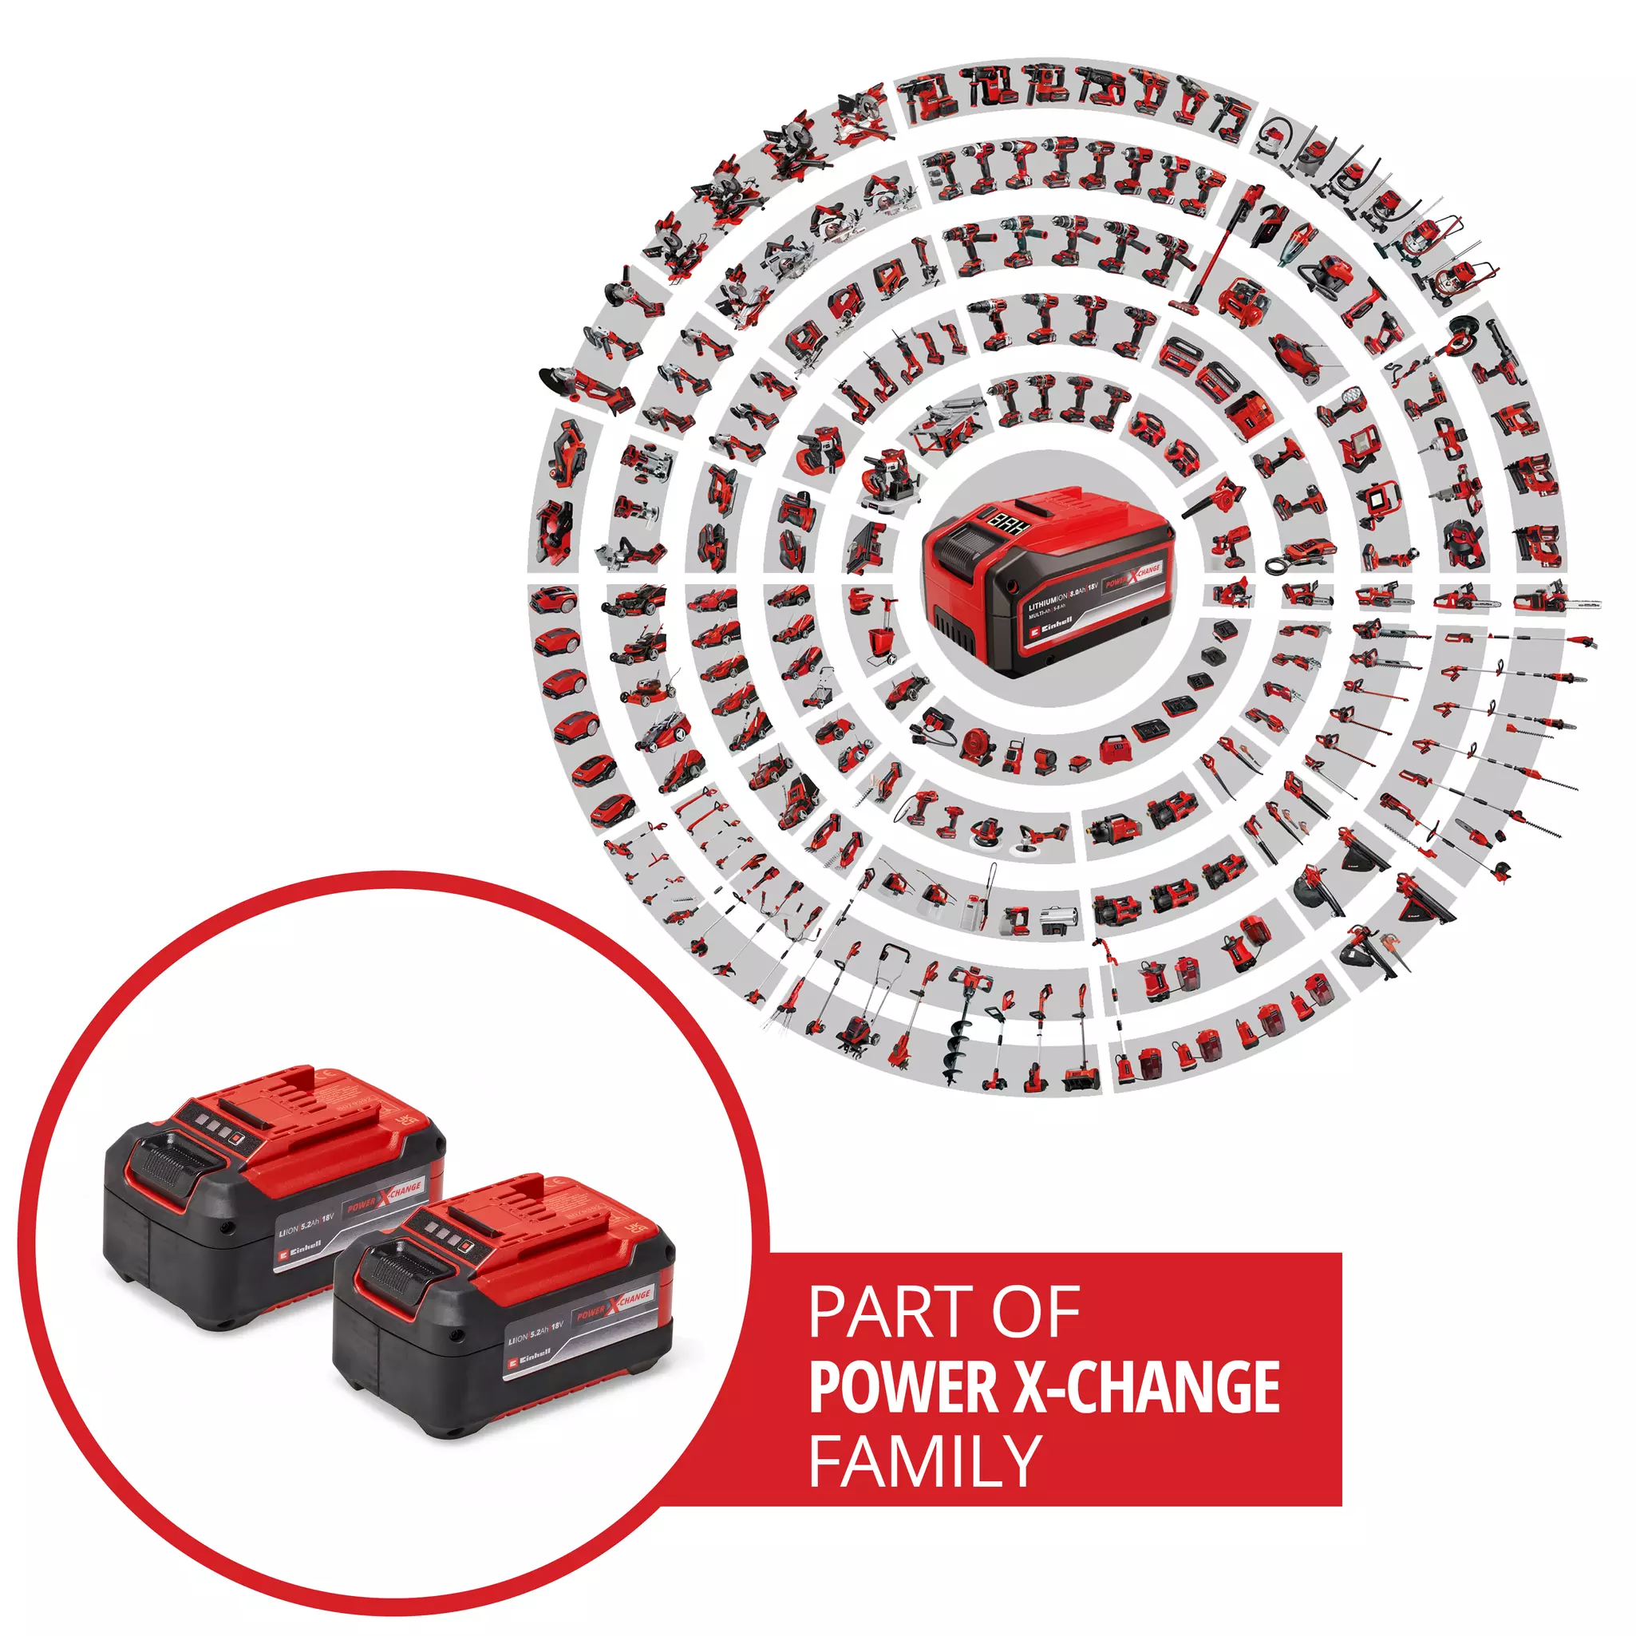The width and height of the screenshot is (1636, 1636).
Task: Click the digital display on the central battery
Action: tap(1011, 524)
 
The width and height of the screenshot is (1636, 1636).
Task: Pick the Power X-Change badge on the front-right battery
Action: tap(614, 1304)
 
